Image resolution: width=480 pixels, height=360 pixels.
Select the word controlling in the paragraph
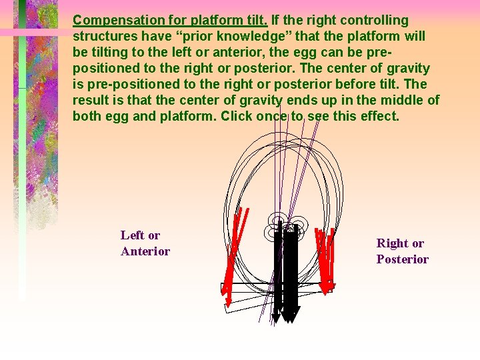[x=375, y=21]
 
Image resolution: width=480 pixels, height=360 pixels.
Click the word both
[x=87, y=117]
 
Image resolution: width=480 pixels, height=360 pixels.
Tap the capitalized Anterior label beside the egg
[x=145, y=251]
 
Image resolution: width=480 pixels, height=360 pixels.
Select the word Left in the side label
[x=131, y=235]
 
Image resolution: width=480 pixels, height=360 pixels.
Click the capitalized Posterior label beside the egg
[x=402, y=259]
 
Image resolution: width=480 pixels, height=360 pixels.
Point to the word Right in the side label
[x=391, y=243]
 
